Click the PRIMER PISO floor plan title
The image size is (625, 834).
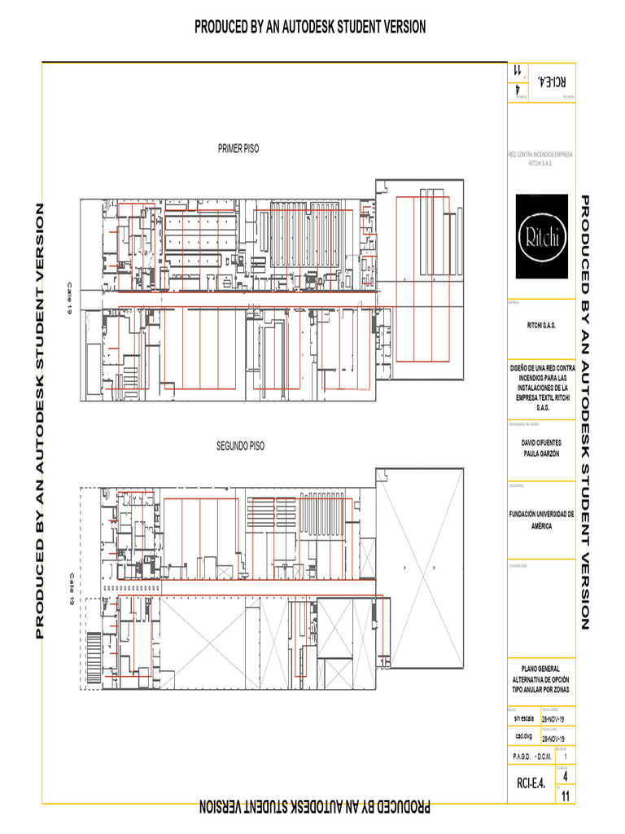[238, 149]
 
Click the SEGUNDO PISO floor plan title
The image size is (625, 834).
[239, 446]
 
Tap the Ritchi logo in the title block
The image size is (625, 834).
[541, 237]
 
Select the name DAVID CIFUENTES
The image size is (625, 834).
[541, 442]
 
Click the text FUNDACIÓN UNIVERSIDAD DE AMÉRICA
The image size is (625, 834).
[541, 520]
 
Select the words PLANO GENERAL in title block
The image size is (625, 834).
[541, 669]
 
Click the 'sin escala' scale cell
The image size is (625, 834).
[523, 719]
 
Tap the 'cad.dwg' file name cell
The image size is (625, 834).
[523, 735]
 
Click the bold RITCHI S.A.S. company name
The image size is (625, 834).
[541, 325]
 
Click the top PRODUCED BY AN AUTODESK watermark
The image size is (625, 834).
[309, 27]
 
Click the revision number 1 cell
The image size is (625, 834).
[565, 757]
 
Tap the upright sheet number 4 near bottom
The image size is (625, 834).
[565, 776]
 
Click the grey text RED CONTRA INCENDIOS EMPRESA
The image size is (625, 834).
[541, 153]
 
